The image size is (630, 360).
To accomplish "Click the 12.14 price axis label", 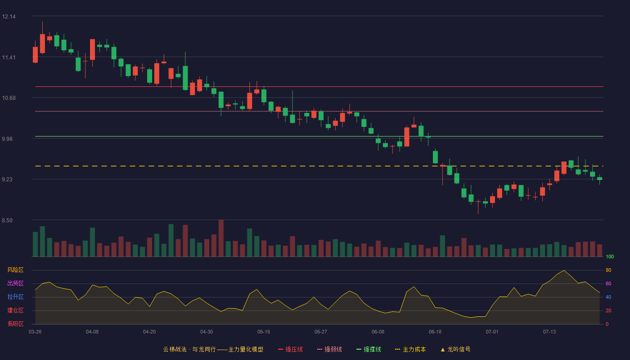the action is click(x=9, y=17).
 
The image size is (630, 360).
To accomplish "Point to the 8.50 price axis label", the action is click(x=7, y=220).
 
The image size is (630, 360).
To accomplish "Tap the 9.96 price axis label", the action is click(x=7, y=139).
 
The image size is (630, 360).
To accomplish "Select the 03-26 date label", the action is click(x=35, y=332).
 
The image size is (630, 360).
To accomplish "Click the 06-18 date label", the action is click(x=435, y=332).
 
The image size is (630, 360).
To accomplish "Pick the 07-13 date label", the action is click(x=549, y=332).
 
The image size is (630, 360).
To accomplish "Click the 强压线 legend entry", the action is click(x=290, y=349).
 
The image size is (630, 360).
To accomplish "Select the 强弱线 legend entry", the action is click(x=329, y=349).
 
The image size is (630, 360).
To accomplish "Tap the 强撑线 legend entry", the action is click(x=369, y=349).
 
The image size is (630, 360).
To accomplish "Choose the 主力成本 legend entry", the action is click(x=410, y=349).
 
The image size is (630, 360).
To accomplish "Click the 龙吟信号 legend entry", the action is click(x=455, y=349).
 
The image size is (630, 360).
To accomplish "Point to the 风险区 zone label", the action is click(x=15, y=270).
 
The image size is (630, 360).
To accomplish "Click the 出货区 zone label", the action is click(x=15, y=283).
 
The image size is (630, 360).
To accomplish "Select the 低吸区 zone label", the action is click(x=15, y=324).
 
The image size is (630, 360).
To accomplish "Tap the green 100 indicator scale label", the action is click(x=610, y=256).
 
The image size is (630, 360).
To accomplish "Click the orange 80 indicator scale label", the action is click(x=608, y=270).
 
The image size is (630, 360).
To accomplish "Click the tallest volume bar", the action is click(x=221, y=238).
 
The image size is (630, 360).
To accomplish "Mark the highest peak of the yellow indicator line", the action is click(x=564, y=270).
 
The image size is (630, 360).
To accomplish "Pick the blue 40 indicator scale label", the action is click(x=608, y=297).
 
